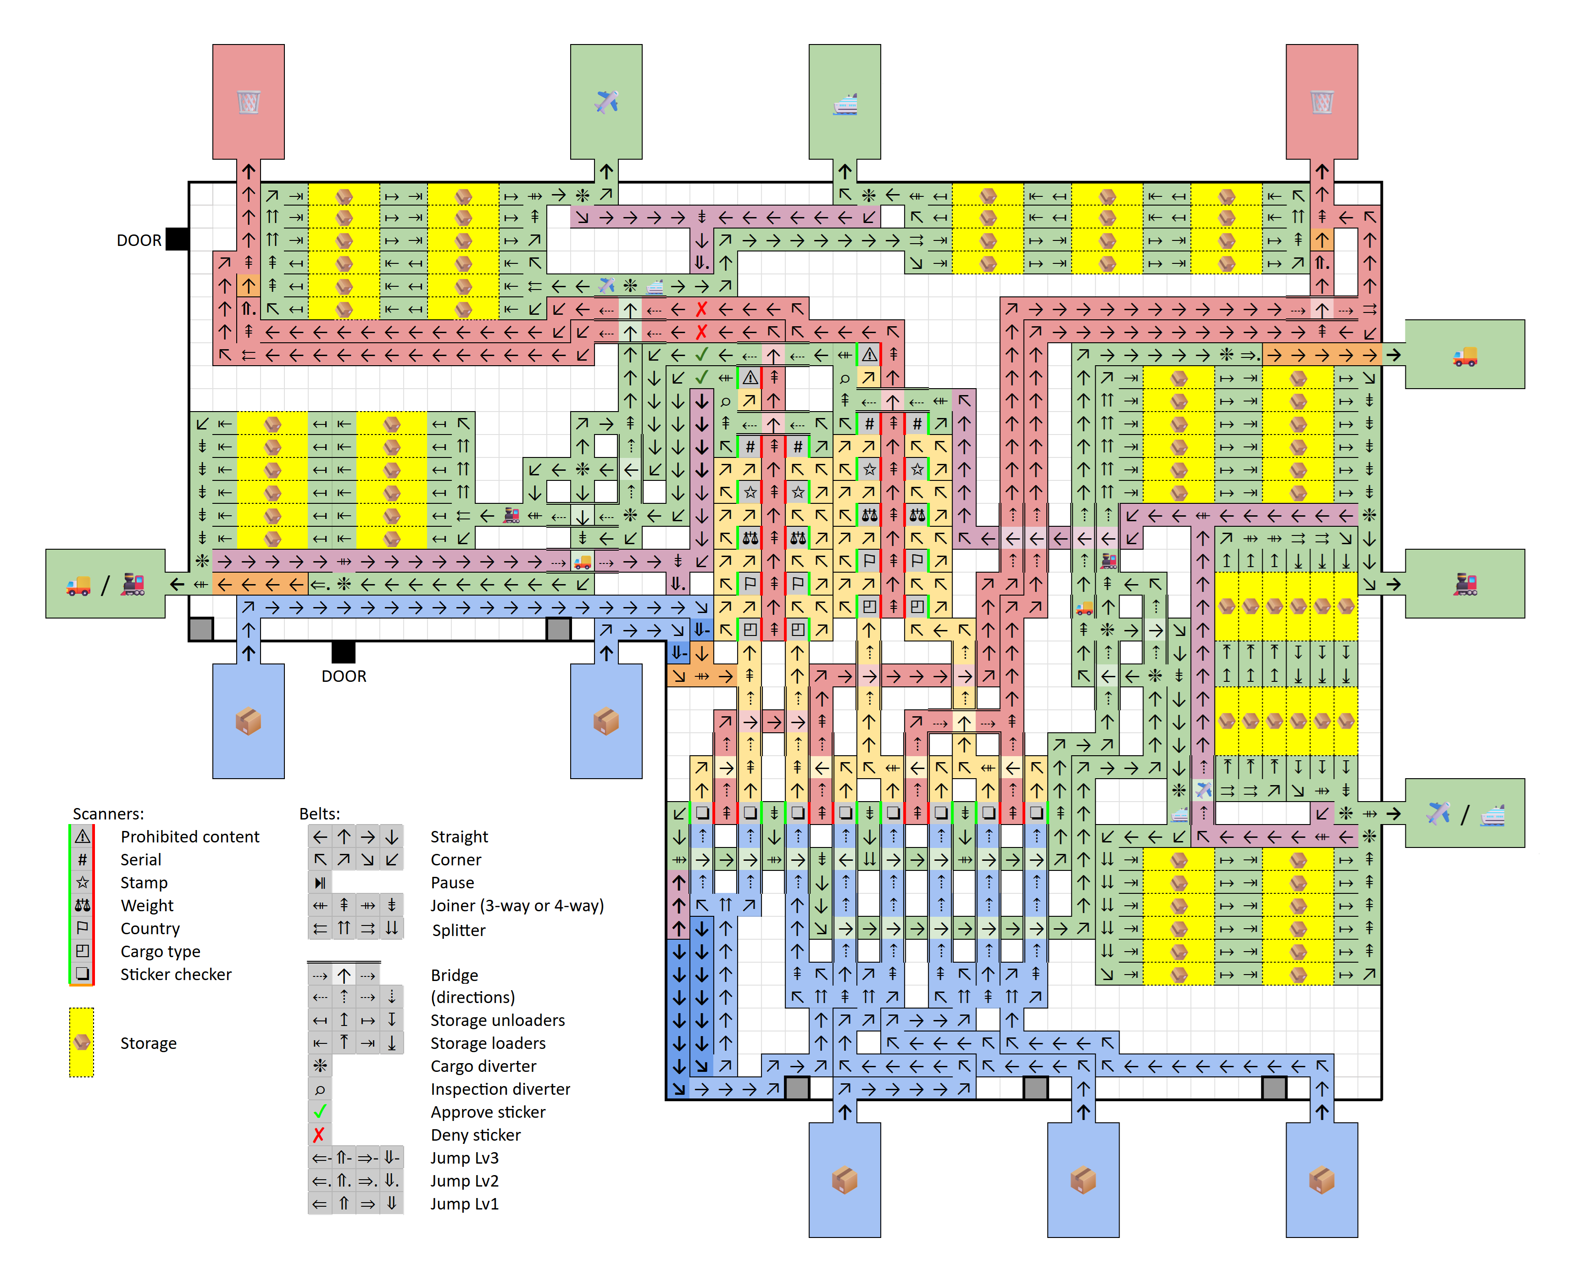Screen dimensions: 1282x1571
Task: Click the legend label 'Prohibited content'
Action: pyautogui.click(x=190, y=837)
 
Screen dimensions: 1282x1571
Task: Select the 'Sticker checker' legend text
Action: pyautogui.click(x=176, y=975)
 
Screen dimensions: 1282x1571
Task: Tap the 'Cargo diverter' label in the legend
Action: pyautogui.click(x=483, y=1066)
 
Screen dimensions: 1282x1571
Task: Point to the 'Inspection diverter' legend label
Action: pyautogui.click(x=500, y=1089)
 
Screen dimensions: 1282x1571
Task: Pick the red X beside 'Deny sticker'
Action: pyautogui.click(x=319, y=1135)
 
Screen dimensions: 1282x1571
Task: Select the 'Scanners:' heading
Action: pyautogui.click(x=108, y=814)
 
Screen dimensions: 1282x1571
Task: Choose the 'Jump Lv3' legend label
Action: pyautogui.click(x=464, y=1158)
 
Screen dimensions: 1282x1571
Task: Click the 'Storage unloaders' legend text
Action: pyautogui.click(x=498, y=1020)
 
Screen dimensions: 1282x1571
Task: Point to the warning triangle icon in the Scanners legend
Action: pyautogui.click(x=83, y=837)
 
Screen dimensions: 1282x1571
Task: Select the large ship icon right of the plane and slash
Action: pyautogui.click(x=1492, y=814)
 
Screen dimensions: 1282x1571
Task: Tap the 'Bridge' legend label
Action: pyautogui.click(x=454, y=975)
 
